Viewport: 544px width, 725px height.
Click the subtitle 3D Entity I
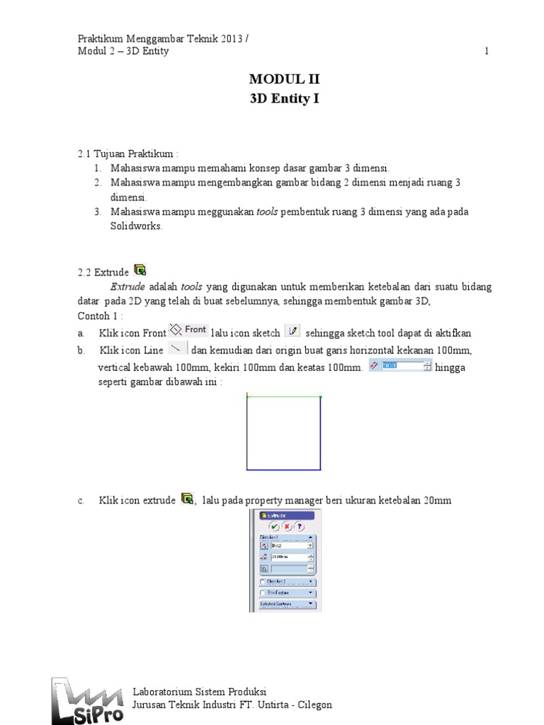(284, 98)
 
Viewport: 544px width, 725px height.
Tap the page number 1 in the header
(486, 52)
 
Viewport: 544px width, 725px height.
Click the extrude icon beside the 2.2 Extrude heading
(140, 269)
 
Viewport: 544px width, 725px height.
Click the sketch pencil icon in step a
(293, 331)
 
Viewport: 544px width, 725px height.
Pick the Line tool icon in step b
(176, 349)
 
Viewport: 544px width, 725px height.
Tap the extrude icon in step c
(187, 498)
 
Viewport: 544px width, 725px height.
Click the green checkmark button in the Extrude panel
(273, 527)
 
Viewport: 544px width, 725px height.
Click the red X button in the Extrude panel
(286, 527)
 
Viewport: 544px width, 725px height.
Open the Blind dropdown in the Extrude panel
(310, 546)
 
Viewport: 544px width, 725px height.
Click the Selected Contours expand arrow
(310, 605)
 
